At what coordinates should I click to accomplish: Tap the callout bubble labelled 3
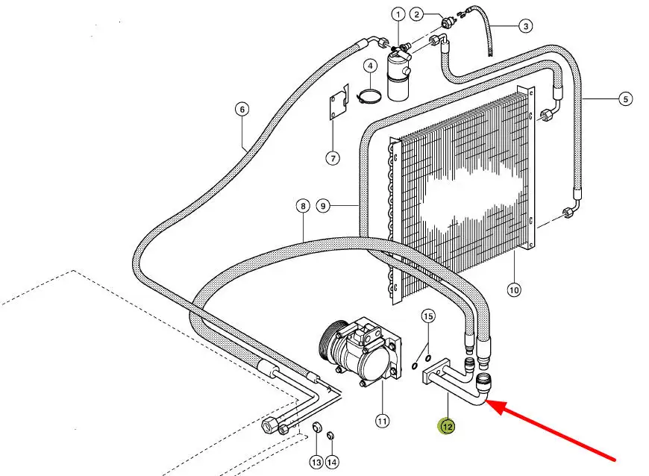click(x=526, y=26)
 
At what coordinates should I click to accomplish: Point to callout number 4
click(x=369, y=66)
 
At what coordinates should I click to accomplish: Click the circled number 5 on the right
click(x=625, y=98)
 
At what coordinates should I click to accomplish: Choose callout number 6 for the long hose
click(x=242, y=110)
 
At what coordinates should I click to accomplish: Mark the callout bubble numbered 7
click(x=333, y=157)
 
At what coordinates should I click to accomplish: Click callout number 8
click(x=302, y=206)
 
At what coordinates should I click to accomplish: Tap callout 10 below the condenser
click(x=513, y=289)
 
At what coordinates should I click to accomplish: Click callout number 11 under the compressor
click(x=382, y=422)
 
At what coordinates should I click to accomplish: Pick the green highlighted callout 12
click(x=446, y=426)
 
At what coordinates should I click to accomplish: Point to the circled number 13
click(x=316, y=463)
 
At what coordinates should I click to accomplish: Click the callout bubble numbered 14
click(x=332, y=463)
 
